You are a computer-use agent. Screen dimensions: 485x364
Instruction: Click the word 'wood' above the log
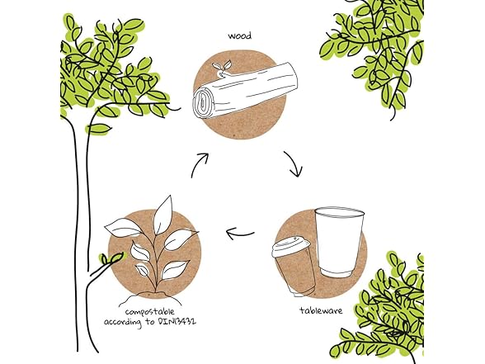pos(240,36)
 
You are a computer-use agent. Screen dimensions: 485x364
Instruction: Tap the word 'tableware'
pos(321,310)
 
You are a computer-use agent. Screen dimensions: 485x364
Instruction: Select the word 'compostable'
pos(150,312)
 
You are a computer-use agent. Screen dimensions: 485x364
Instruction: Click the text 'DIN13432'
pos(177,321)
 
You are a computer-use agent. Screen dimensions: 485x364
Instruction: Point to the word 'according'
pos(122,323)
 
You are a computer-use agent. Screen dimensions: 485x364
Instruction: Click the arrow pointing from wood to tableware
pos(294,163)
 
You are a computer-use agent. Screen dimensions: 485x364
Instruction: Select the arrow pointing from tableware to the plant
pos(240,233)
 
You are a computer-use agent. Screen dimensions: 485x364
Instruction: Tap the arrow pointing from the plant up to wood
pos(199,165)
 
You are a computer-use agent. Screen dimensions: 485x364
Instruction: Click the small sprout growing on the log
pos(221,69)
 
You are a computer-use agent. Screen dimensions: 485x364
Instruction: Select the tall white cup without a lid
pos(339,243)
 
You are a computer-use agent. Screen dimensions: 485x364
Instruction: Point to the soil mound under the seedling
pos(152,297)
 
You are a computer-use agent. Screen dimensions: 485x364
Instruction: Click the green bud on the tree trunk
pos(111,258)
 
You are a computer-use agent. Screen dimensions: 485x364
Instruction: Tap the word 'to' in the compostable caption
pos(150,321)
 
